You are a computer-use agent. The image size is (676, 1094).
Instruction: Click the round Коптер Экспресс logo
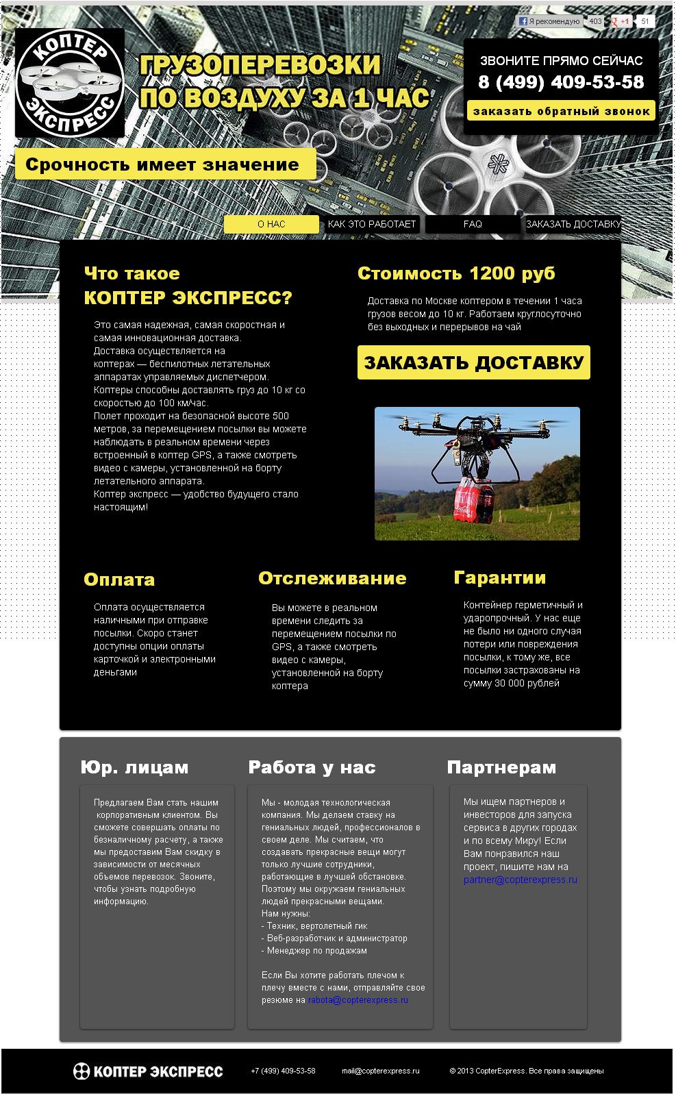click(70, 82)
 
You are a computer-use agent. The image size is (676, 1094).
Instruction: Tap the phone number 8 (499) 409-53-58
click(561, 82)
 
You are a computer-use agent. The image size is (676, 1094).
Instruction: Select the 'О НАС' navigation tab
click(271, 224)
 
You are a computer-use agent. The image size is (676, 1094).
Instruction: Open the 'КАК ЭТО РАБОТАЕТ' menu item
click(372, 224)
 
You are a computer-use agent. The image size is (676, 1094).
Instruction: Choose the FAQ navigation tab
click(473, 224)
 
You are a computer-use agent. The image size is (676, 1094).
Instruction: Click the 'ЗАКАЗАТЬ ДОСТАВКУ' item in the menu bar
click(573, 224)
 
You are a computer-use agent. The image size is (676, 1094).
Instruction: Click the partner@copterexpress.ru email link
click(520, 880)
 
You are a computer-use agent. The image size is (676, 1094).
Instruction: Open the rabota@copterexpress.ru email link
click(358, 1000)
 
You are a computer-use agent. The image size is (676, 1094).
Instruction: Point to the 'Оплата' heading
click(119, 580)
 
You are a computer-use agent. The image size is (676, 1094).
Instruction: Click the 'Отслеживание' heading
click(332, 578)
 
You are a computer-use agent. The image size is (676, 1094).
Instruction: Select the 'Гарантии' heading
click(499, 577)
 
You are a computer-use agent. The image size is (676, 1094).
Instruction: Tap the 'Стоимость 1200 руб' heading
click(456, 273)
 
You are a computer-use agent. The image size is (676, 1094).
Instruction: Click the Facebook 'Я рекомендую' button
click(549, 21)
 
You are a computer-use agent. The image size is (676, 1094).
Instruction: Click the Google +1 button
click(621, 21)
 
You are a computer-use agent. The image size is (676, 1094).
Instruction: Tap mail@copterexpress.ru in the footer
click(380, 1071)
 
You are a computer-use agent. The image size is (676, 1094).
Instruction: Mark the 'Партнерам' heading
click(501, 767)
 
